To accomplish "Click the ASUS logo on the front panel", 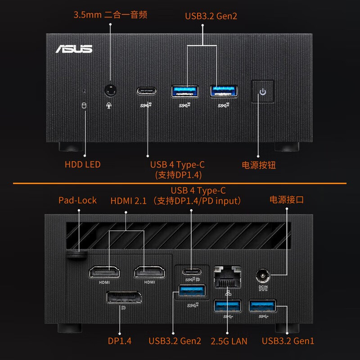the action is [74, 49].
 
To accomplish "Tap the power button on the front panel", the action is [263, 92].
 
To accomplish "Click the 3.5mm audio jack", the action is [110, 90].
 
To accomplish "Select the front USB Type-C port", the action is [147, 91].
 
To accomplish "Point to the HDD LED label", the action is [83, 164].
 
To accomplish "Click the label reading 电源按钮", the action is [259, 165].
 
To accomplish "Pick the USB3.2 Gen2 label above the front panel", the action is [211, 16].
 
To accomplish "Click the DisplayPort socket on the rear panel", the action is [124, 297].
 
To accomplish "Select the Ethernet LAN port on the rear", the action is [227, 277].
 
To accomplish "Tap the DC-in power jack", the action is [263, 275].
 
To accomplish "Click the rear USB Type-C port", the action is [192, 272].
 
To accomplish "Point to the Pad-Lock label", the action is [77, 200].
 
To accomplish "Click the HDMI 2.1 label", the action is [128, 201].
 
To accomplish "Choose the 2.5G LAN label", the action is [229, 341].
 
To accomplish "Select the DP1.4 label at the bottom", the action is [120, 341].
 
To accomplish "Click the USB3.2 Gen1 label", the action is [288, 341].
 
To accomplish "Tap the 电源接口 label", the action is [287, 199].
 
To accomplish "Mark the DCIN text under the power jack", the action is [263, 287].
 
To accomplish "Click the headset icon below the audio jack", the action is [109, 105].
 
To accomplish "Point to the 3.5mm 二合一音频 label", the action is [110, 15].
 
